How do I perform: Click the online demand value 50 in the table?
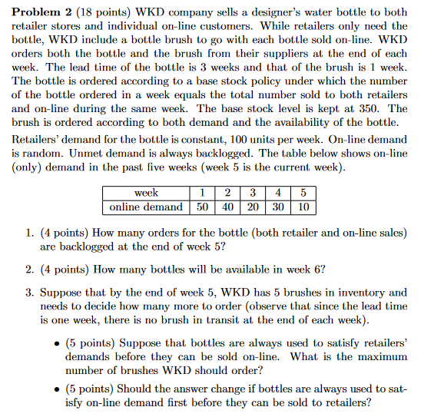point(203,206)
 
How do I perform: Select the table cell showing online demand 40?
point(228,206)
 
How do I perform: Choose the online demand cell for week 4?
point(279,206)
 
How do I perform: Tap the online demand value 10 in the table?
point(303,206)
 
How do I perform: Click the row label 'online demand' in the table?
point(146,206)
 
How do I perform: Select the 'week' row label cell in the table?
point(146,193)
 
